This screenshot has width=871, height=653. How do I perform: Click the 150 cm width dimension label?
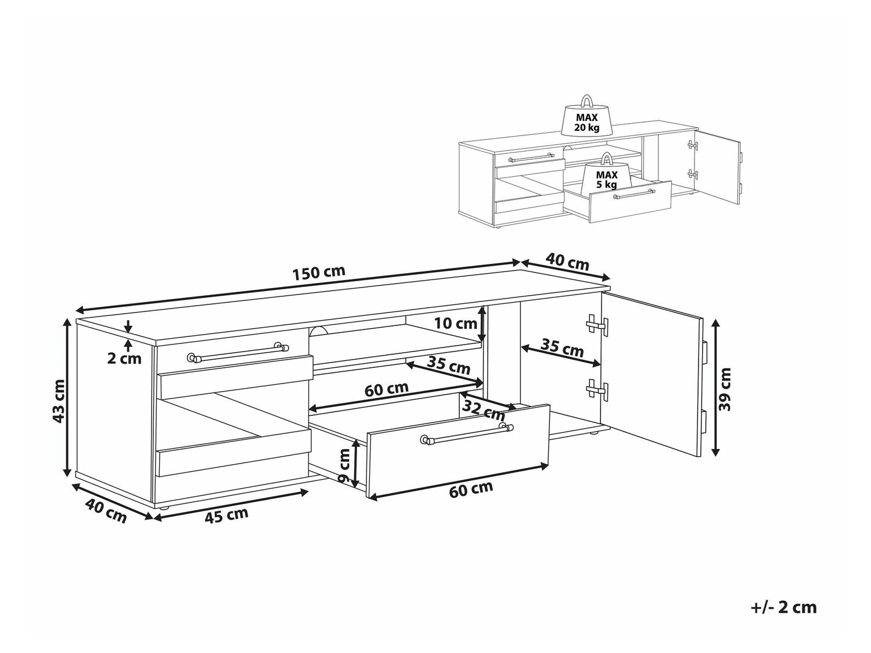[319, 272]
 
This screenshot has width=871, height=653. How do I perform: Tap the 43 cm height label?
[59, 401]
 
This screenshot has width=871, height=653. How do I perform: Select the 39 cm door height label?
[725, 389]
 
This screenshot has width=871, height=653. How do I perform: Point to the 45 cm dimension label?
[226, 515]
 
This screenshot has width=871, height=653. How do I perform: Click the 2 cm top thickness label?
[124, 358]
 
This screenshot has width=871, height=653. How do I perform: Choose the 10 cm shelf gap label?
[455, 324]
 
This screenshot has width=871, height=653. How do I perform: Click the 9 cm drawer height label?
[345, 466]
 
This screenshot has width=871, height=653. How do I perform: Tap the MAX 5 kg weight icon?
[607, 174]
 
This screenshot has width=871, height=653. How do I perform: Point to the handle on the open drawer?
[467, 435]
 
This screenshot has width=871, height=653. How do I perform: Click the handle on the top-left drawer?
[237, 353]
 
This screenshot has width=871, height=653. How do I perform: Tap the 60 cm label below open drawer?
[471, 490]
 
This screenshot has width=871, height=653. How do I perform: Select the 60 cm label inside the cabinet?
[387, 389]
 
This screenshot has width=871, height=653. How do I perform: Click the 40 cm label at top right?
[567, 262]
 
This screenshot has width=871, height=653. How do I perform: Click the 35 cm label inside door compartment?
[562, 348]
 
